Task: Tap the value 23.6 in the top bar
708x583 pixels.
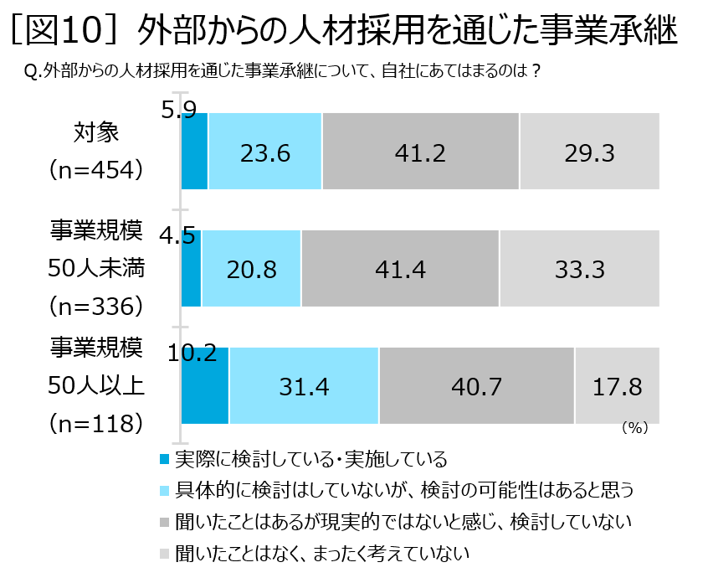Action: [x=265, y=152]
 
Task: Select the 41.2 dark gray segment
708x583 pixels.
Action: [x=421, y=152]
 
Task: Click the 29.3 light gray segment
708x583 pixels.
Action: [x=589, y=152]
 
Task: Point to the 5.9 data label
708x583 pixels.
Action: [x=178, y=110]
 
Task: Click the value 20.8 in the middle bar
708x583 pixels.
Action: [x=251, y=269]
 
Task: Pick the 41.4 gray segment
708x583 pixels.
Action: [x=401, y=269]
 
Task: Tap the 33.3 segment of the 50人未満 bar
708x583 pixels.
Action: [x=579, y=269]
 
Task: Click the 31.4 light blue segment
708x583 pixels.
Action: [x=304, y=386]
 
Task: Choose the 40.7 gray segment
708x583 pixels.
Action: [x=475, y=386]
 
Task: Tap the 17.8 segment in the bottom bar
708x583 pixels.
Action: [x=617, y=386]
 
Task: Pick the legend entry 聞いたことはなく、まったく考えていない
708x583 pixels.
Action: [x=321, y=553]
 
